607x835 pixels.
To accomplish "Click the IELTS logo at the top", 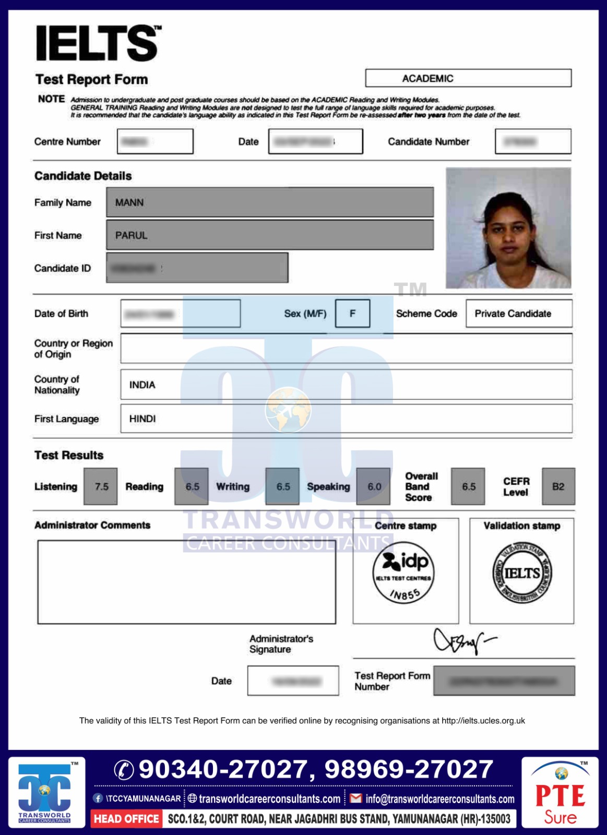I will [x=98, y=43].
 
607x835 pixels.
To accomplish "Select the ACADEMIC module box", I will [x=468, y=78].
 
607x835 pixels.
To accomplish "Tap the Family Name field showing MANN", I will [x=270, y=202].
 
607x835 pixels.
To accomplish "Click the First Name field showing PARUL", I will [x=270, y=235].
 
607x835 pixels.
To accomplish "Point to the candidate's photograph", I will [x=508, y=228].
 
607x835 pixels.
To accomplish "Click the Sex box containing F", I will [x=352, y=314].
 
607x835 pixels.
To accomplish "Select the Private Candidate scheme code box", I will [x=518, y=314].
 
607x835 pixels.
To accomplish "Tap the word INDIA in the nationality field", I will [x=142, y=385].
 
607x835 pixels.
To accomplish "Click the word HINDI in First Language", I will [x=142, y=419].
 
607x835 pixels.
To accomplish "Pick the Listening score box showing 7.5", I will [x=101, y=486].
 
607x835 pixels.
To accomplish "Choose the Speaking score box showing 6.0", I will [x=374, y=486].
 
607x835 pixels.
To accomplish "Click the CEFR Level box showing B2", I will [x=558, y=486].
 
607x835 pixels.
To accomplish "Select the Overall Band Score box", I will [x=468, y=486].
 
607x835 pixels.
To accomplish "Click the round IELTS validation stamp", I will [x=522, y=573].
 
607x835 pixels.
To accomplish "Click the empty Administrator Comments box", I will [x=186, y=582].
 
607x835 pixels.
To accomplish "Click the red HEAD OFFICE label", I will [x=126, y=819].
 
